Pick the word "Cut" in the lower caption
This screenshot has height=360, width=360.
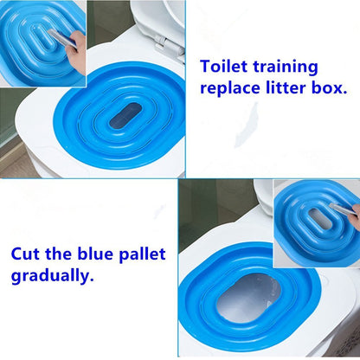(x=27, y=255)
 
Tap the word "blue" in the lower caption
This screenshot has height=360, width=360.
(x=98, y=255)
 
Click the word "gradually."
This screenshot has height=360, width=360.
(x=53, y=278)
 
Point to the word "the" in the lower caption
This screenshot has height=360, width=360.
(x=61, y=255)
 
